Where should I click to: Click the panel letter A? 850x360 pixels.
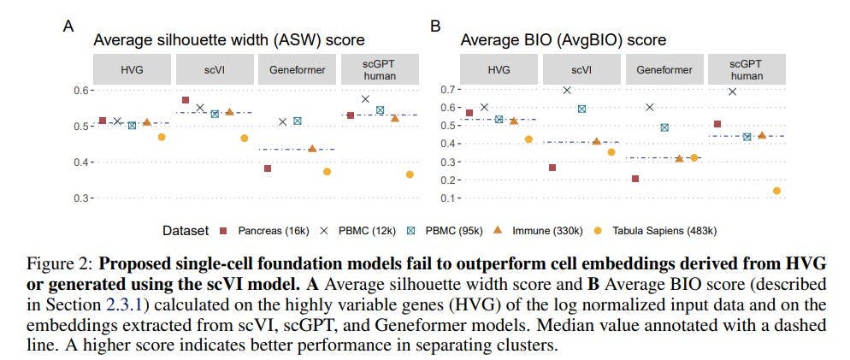[x=68, y=27]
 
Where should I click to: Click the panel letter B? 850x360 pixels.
[x=435, y=27]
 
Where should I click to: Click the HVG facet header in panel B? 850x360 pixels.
[x=500, y=70]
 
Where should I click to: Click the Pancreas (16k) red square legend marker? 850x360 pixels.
[x=222, y=231]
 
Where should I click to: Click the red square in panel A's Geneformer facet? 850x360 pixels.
[x=268, y=168]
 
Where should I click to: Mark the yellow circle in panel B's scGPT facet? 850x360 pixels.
[x=776, y=191]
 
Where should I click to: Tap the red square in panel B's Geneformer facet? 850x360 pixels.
[x=635, y=179]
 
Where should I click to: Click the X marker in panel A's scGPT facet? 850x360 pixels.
[x=365, y=99]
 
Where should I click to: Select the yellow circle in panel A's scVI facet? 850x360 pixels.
[x=244, y=139]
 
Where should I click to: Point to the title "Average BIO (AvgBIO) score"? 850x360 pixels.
[x=564, y=40]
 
